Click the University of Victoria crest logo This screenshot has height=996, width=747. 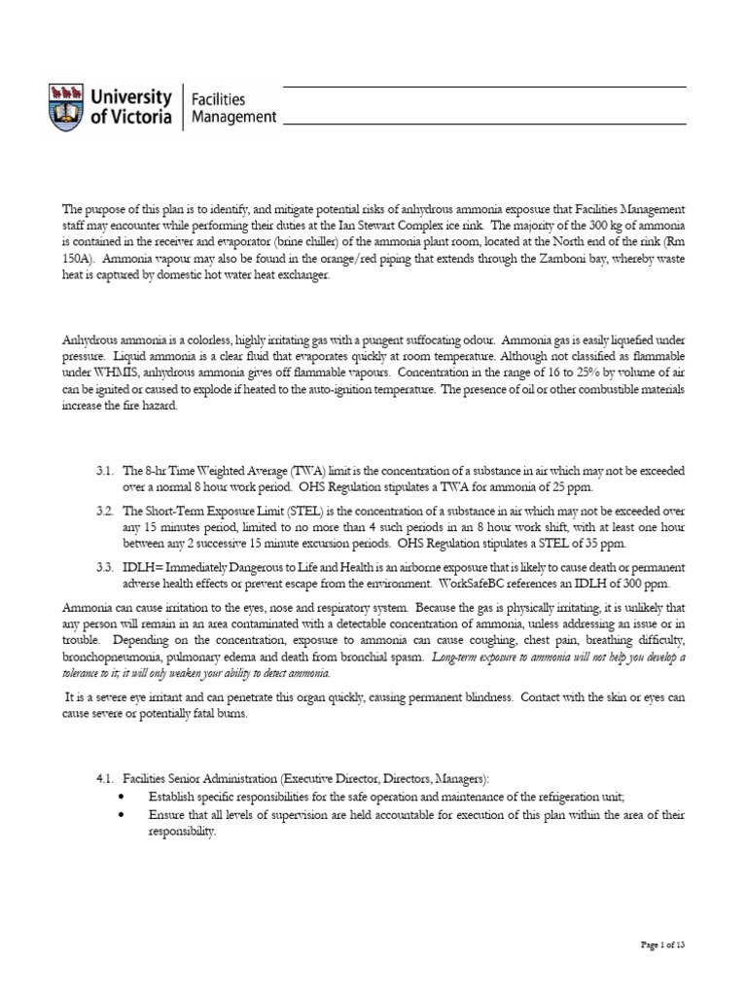pos(66,107)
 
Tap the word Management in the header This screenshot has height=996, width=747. pos(233,118)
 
